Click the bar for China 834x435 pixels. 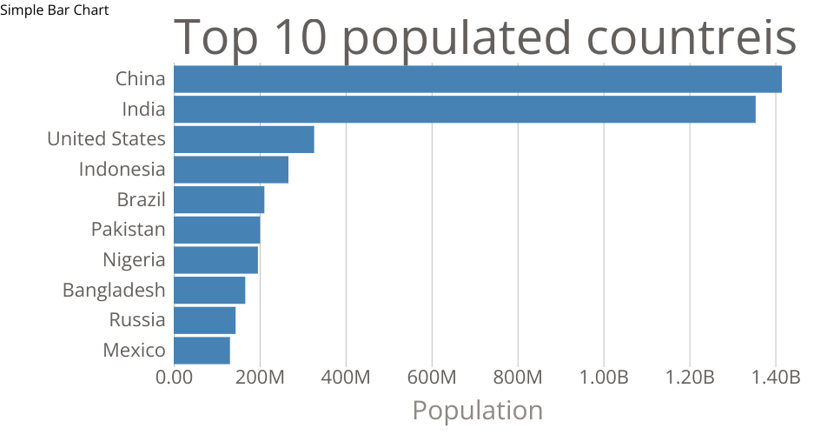(x=478, y=79)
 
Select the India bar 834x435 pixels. (x=465, y=110)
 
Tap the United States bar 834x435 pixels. (x=244, y=139)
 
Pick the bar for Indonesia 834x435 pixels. (x=231, y=170)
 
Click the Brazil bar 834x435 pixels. (x=219, y=200)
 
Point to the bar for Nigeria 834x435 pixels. (x=216, y=260)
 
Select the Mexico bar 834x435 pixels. (x=202, y=351)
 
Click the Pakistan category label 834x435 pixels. (x=128, y=230)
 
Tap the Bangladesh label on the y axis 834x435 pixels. (x=114, y=290)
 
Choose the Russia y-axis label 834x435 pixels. (x=137, y=320)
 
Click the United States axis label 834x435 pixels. (x=106, y=139)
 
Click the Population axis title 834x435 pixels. (x=477, y=411)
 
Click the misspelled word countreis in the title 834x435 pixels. (x=692, y=38)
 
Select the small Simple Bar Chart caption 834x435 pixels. (x=55, y=10)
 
